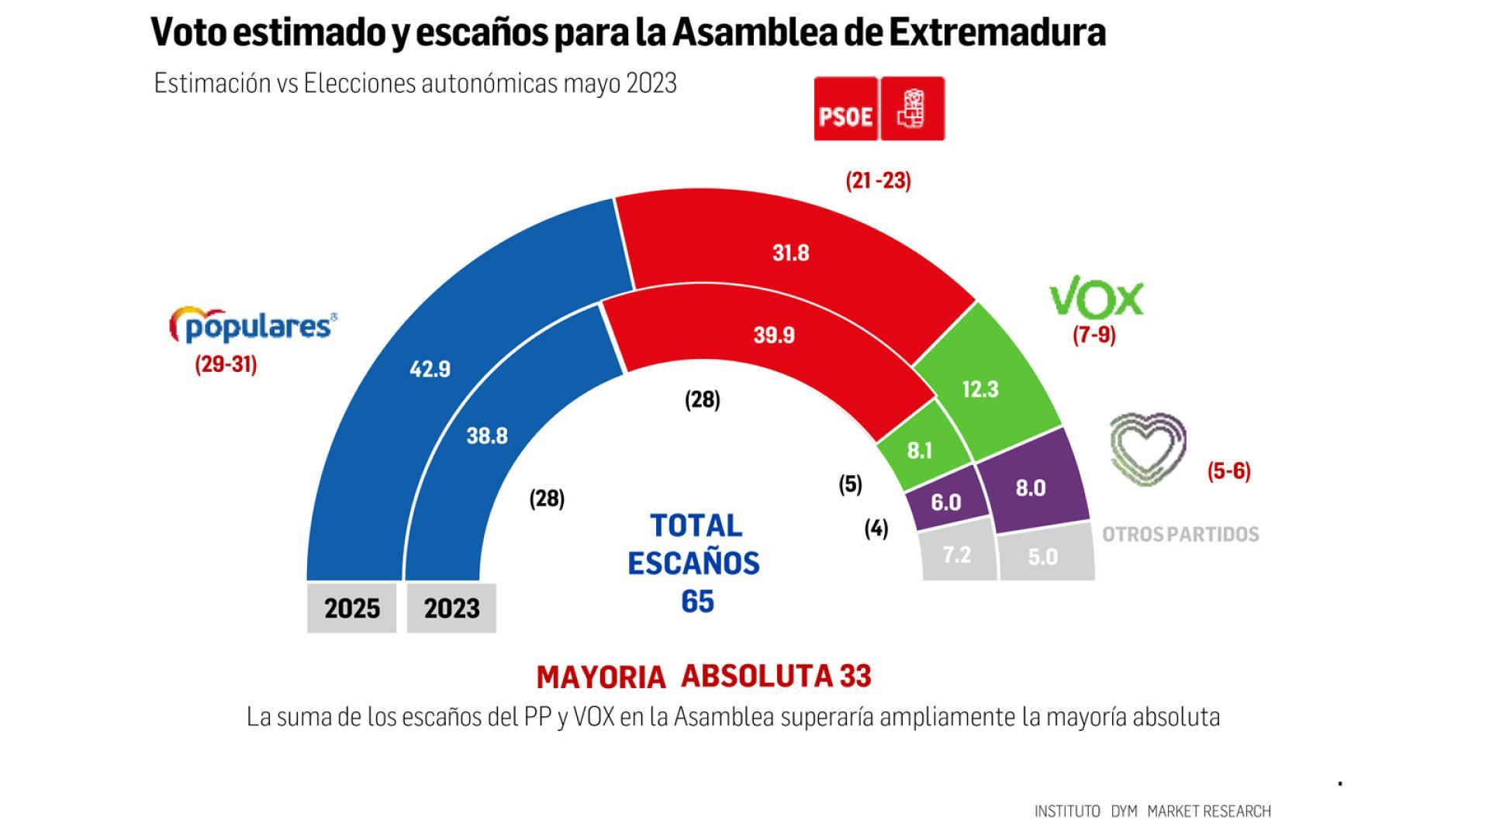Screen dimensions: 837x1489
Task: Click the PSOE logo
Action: (x=879, y=108)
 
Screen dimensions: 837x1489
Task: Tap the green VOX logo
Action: (x=1096, y=300)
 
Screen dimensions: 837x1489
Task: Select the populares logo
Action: (x=253, y=325)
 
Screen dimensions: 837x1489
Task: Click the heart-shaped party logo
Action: (x=1148, y=449)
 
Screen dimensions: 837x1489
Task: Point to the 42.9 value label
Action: (x=430, y=369)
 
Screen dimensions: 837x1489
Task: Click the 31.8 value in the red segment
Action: (x=790, y=253)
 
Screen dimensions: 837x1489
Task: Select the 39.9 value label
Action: (x=774, y=335)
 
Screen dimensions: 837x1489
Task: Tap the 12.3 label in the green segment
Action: (x=979, y=389)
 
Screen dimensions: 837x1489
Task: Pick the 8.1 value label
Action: (x=919, y=450)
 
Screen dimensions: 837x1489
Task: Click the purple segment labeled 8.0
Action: (x=1030, y=488)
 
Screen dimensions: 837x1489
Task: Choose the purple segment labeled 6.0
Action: (x=945, y=502)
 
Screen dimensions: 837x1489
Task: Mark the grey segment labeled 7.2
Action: (x=956, y=554)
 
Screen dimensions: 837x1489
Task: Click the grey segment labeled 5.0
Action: (x=1042, y=556)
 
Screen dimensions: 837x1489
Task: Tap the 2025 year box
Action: (x=351, y=608)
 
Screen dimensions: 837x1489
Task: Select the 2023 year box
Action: (x=451, y=608)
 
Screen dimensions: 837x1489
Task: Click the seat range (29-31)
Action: (x=226, y=364)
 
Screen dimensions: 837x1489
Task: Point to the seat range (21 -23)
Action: (x=878, y=181)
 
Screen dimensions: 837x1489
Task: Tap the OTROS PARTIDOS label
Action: (x=1180, y=534)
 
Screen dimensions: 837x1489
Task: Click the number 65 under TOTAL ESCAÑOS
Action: (x=697, y=601)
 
